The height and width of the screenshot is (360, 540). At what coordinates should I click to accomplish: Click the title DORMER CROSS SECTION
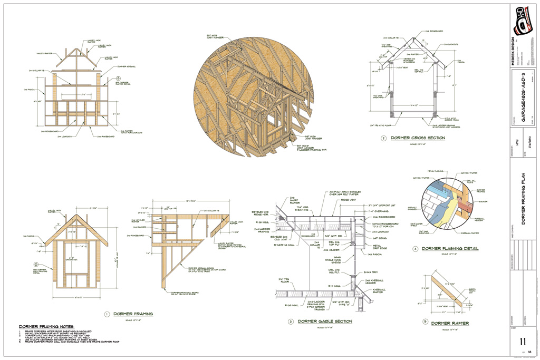418,138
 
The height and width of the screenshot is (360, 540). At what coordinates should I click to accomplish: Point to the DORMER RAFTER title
449,323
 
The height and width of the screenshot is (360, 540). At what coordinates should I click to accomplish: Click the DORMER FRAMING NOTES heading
46,327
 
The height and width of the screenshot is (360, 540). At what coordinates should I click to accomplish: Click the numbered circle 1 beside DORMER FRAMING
107,314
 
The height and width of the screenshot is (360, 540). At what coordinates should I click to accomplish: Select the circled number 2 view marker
383,139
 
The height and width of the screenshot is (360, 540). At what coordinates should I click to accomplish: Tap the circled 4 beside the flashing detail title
415,249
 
